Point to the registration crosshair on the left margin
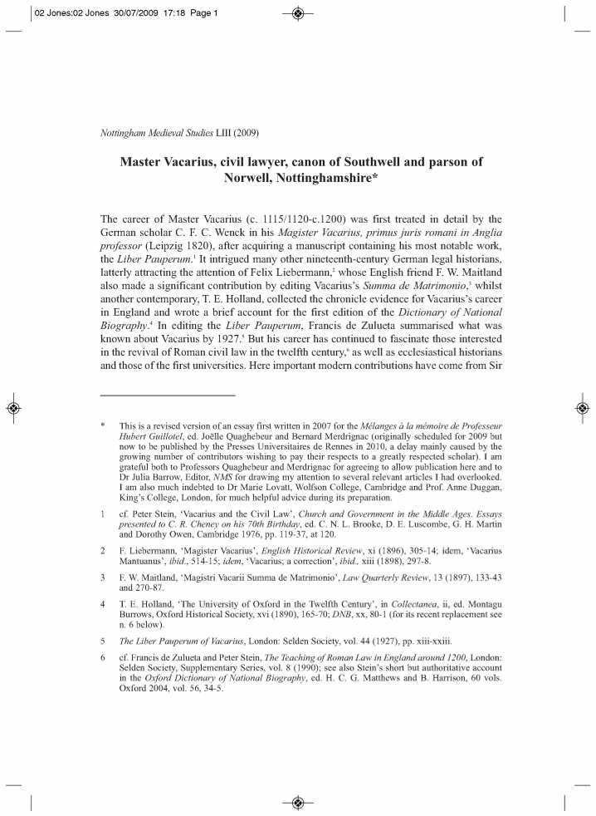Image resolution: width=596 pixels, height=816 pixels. pyautogui.click(x=12, y=408)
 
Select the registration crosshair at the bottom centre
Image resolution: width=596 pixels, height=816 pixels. pyautogui.click(x=298, y=802)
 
